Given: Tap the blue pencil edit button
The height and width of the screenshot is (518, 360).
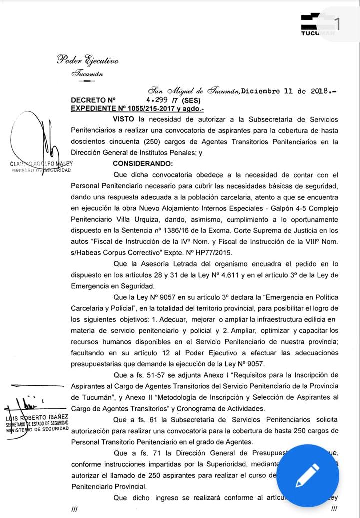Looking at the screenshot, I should pyautogui.click(x=307, y=475).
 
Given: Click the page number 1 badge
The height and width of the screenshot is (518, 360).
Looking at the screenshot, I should pyautogui.click(x=338, y=23).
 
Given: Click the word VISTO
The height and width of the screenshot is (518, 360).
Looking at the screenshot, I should pyautogui.click(x=125, y=119).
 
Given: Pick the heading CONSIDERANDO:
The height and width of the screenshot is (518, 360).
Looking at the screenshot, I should pyautogui.click(x=142, y=163).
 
